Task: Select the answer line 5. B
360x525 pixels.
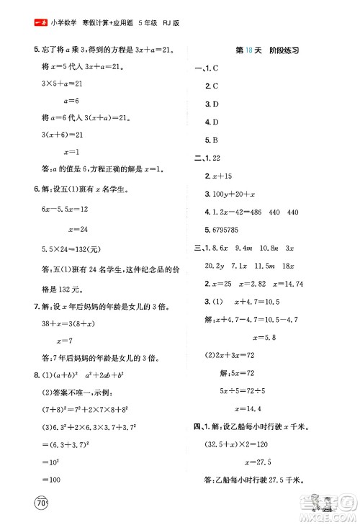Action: [211, 140]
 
